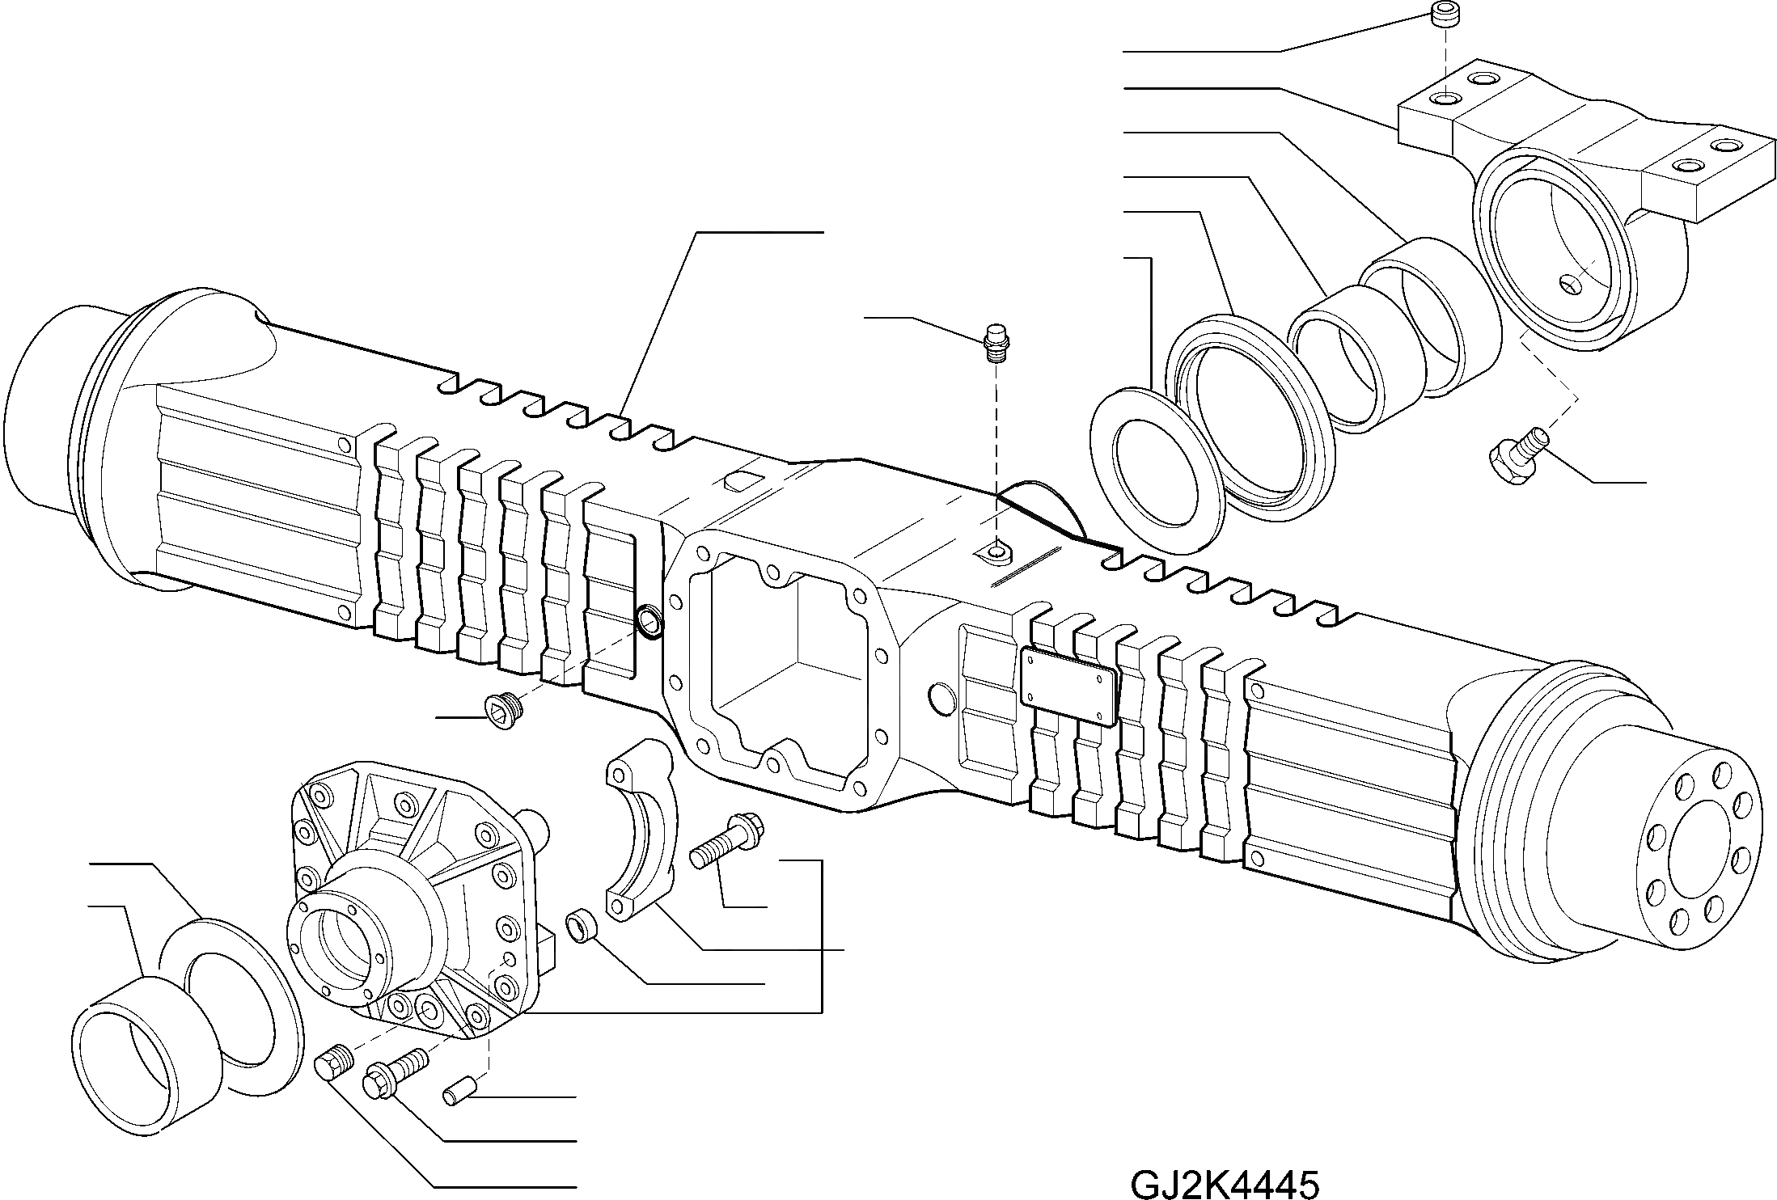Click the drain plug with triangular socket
pos(501,712)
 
